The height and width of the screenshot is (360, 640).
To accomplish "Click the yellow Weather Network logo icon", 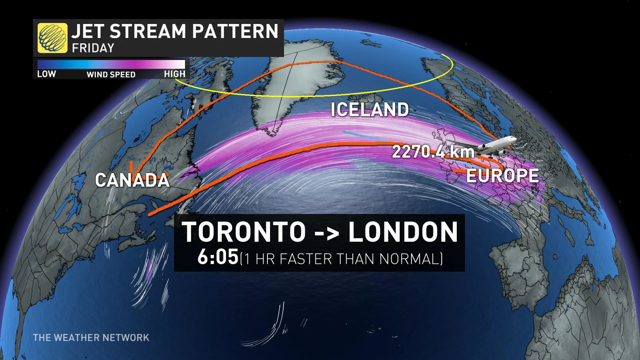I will pyautogui.click(x=52, y=38).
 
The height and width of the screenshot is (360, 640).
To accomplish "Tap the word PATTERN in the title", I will pyautogui.click(x=235, y=31).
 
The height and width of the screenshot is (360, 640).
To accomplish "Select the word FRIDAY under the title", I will pyautogui.click(x=93, y=48).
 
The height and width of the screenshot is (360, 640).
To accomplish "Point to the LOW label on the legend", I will pyautogui.click(x=46, y=74).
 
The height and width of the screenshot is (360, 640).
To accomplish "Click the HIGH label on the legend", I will pyautogui.click(x=174, y=74).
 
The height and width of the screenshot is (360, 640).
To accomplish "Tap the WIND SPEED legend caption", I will pyautogui.click(x=111, y=75).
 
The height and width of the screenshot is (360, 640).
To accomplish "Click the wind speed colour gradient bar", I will pyautogui.click(x=111, y=64).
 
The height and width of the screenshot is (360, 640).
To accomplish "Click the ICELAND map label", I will pyautogui.click(x=369, y=109).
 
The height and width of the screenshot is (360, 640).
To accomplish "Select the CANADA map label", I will pyautogui.click(x=132, y=180).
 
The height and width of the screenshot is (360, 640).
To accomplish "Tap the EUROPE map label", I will pyautogui.click(x=502, y=176).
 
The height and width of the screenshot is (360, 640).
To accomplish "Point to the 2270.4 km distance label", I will pyautogui.click(x=433, y=152).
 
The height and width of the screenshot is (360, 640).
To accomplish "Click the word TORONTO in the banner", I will pyautogui.click(x=244, y=232).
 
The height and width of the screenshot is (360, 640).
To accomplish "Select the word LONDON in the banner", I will pyautogui.click(x=403, y=232).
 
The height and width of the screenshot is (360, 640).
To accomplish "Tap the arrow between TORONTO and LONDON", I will pyautogui.click(x=327, y=233).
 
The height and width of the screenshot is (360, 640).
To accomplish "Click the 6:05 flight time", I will pyautogui.click(x=218, y=258).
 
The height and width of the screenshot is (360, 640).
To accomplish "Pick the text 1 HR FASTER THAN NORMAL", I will pyautogui.click(x=342, y=259).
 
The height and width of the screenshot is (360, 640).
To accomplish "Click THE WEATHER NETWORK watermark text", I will pyautogui.click(x=91, y=338).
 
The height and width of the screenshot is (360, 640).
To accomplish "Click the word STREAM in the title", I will pyautogui.click(x=148, y=31).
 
